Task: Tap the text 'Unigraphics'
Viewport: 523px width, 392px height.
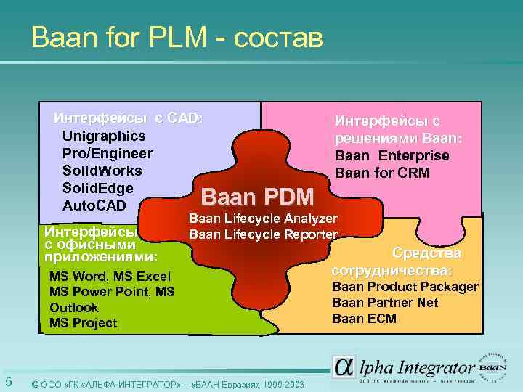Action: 103,136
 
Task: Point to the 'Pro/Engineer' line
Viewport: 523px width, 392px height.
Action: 108,153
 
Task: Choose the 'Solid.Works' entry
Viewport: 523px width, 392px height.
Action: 102,171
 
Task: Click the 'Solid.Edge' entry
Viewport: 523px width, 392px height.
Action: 97,188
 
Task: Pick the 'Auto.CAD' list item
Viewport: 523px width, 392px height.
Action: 94,205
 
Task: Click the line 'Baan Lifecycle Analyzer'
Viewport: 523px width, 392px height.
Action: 263,219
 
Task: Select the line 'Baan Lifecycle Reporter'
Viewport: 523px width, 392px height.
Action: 263,234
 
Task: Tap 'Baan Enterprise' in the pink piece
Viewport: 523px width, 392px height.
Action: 392,155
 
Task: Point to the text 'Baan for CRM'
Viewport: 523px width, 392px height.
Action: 382,173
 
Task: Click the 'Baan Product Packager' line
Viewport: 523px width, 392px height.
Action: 405,287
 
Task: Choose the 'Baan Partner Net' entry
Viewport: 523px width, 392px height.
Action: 385,303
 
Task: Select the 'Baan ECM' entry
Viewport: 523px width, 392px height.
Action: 364,319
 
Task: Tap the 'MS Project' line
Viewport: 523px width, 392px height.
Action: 83,323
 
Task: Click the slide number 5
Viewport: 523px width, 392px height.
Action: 8,382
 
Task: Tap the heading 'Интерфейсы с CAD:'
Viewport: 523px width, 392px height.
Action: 129,118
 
